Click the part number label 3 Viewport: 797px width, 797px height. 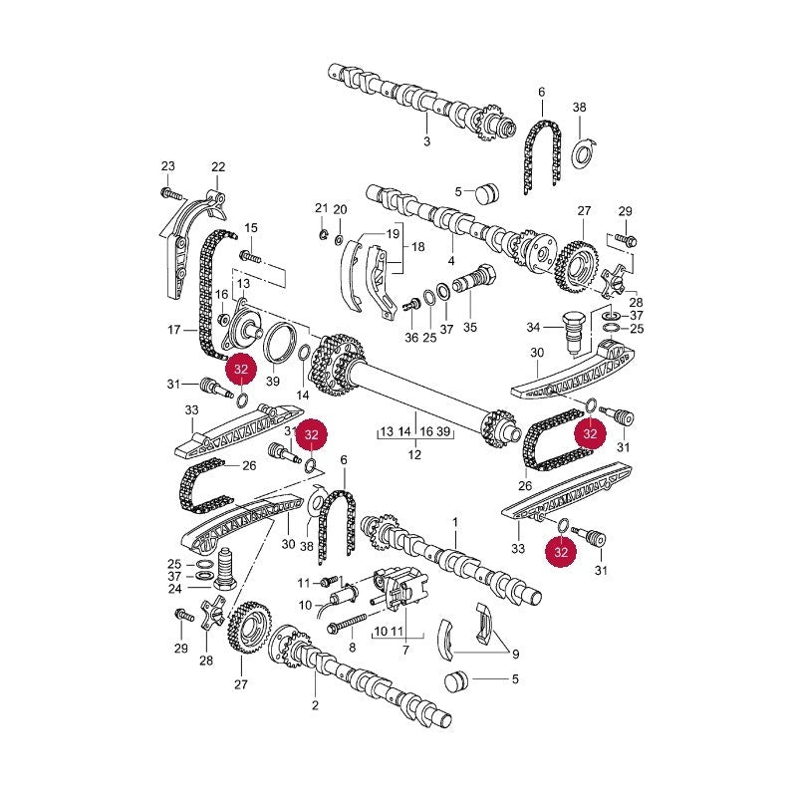pos(426,141)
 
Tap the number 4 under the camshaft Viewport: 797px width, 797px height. pos(451,261)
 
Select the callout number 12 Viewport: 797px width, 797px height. pos(414,454)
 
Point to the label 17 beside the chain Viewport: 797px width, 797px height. pos(174,330)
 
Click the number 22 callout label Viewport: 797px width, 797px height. pos(218,166)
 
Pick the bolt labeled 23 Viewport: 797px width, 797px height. pos(170,193)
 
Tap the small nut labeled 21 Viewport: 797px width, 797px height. pos(321,234)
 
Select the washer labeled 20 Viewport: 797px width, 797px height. pos(339,239)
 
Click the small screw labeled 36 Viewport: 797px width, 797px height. pos(411,306)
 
